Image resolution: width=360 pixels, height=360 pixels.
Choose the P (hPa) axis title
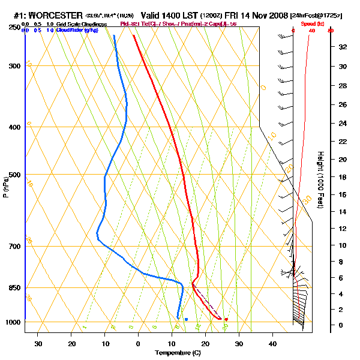click(x=6, y=186)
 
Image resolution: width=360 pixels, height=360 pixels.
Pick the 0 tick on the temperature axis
click(x=139, y=344)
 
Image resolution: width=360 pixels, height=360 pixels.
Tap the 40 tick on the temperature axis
click(x=272, y=344)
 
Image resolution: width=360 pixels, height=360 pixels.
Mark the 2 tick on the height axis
click(x=341, y=309)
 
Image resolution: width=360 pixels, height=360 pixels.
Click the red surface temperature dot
click(x=226, y=319)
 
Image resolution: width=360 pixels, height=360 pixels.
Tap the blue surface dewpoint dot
click(x=187, y=319)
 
